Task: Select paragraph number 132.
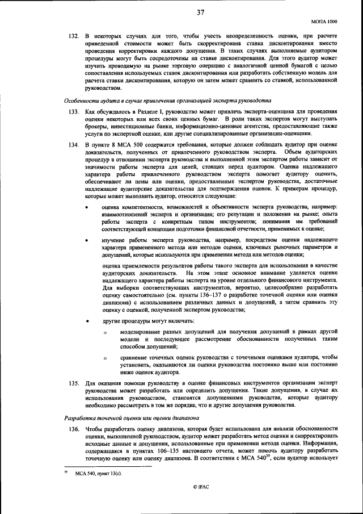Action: tap(73, 36)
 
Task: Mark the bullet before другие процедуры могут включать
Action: tap(86, 321)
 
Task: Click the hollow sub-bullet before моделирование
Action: tap(105, 332)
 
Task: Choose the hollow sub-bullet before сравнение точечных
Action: tap(105, 358)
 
